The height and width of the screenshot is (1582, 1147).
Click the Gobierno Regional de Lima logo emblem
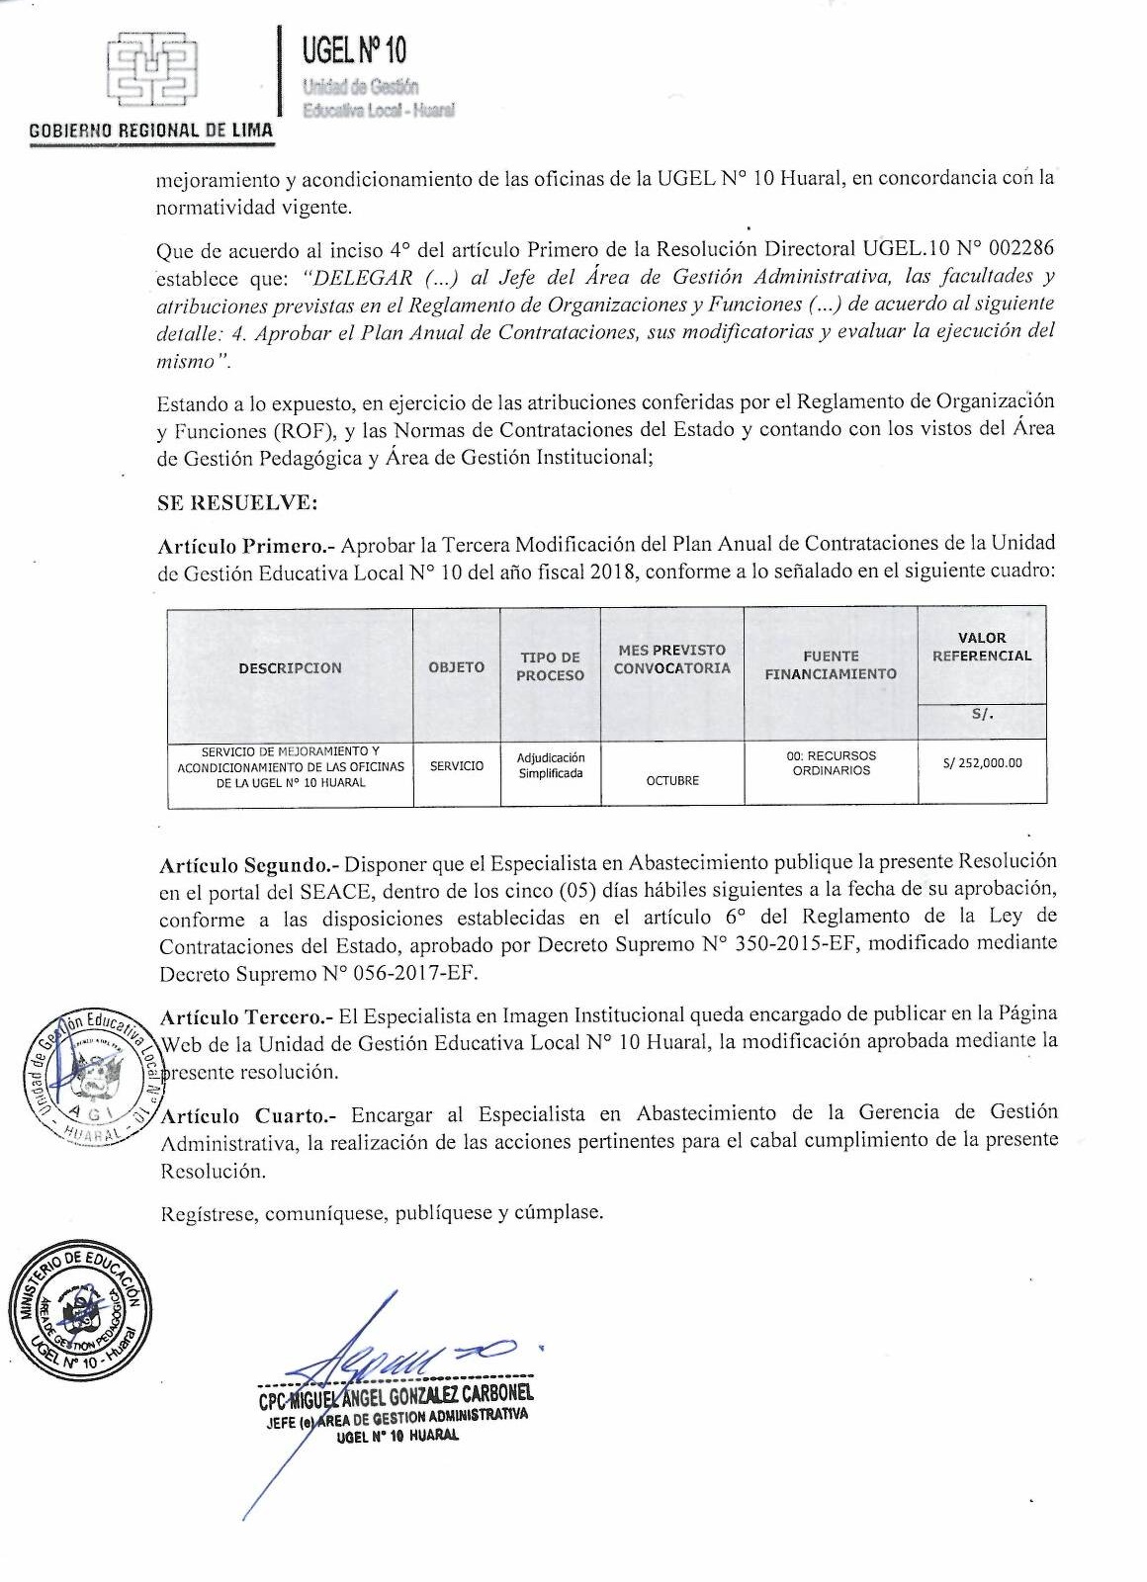click(152, 70)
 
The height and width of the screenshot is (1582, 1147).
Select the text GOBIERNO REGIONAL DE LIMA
click(151, 131)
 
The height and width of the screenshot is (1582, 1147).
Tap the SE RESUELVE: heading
click(237, 502)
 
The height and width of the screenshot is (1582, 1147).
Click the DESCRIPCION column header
click(290, 668)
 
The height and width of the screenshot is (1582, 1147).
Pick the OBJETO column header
click(456, 667)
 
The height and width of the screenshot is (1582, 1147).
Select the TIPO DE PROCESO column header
click(550, 666)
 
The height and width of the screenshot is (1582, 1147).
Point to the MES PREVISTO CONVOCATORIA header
click(671, 659)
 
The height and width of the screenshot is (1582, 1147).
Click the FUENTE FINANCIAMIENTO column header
click(831, 664)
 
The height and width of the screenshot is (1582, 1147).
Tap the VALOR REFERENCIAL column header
click(981, 647)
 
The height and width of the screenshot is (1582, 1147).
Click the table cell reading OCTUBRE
click(672, 781)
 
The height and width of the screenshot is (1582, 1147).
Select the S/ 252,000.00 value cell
click(982, 763)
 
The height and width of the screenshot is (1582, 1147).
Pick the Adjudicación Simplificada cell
click(550, 765)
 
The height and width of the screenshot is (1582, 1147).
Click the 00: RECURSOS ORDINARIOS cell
click(831, 762)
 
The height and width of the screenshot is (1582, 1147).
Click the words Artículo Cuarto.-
click(248, 1116)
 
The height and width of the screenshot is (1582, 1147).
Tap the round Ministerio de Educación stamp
click(79, 1308)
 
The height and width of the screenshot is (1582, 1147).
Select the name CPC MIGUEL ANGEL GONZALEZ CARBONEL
click(396, 1395)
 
